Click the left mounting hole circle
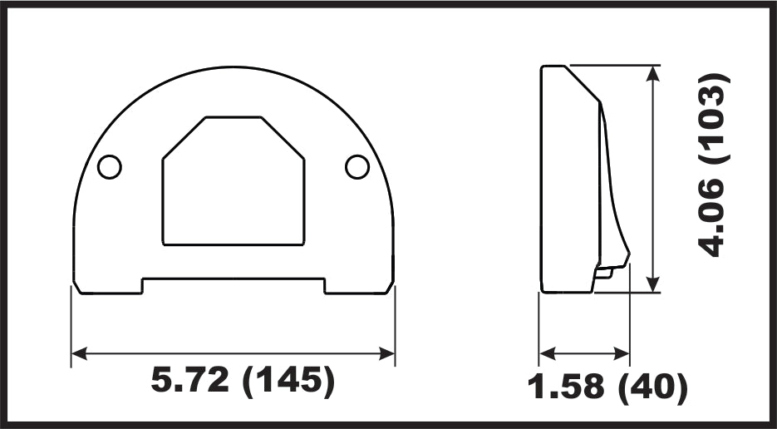110,167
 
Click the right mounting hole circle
357,167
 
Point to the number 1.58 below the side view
566,386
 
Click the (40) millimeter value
654,387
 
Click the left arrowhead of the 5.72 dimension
80,353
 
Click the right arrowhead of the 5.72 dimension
386,353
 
